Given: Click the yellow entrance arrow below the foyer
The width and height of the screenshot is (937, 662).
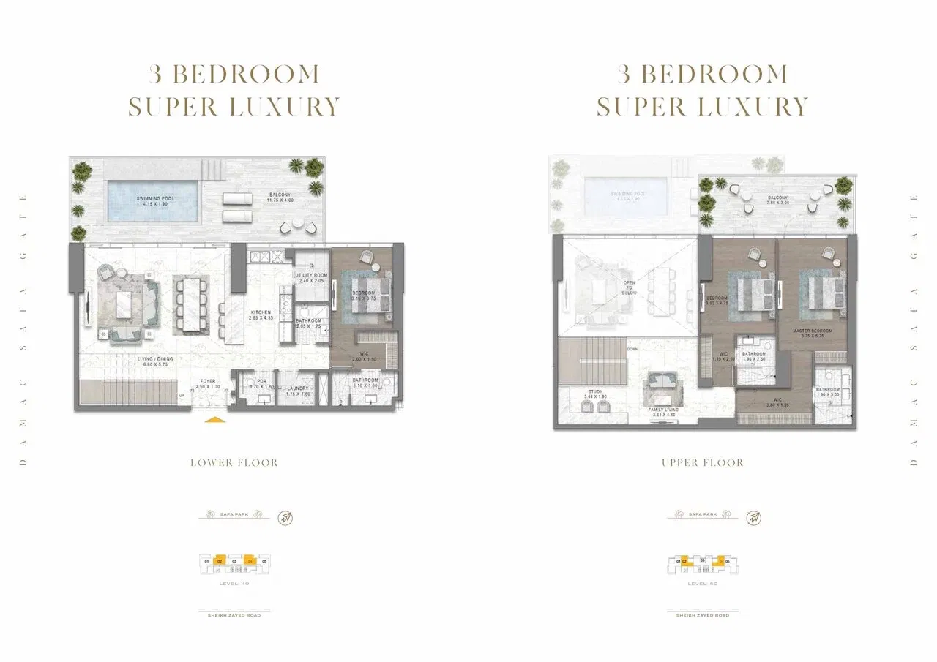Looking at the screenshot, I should point(213,420).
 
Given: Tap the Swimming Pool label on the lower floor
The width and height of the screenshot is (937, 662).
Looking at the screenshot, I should point(153,200).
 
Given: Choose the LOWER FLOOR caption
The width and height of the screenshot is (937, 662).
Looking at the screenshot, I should point(234,463).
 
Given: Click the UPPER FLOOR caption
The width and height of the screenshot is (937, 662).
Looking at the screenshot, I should point(702,463).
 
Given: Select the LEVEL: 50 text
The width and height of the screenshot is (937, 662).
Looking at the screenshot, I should point(702,584).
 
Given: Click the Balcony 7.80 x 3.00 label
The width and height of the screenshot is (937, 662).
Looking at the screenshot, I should point(777,201).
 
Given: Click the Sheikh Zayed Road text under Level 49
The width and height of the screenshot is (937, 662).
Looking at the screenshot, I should point(234,615).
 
